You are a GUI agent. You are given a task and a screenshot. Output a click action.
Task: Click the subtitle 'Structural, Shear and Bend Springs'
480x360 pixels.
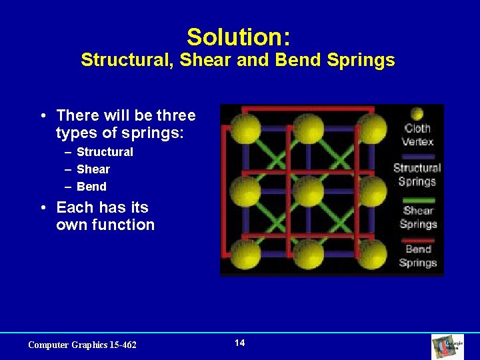tap(237, 61)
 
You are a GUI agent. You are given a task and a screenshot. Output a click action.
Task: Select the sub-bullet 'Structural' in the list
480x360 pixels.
tap(105, 152)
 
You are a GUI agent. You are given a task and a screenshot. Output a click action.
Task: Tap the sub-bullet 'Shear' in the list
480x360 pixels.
tap(93, 169)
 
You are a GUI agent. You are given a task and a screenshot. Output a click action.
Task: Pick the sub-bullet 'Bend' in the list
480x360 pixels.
tap(91, 187)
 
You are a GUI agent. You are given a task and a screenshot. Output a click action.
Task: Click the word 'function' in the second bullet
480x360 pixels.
tap(124, 225)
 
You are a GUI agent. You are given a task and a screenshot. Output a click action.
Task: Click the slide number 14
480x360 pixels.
tap(240, 343)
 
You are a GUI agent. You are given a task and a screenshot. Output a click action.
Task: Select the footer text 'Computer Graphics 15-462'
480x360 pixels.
tap(82, 345)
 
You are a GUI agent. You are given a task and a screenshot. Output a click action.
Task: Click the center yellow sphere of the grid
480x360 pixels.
tap(308, 191)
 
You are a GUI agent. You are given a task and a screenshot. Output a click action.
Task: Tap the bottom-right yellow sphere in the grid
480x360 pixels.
tap(371, 253)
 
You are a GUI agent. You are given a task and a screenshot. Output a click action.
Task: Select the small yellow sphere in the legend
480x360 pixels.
tap(417, 114)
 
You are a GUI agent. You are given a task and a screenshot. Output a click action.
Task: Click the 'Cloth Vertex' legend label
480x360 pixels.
tap(417, 135)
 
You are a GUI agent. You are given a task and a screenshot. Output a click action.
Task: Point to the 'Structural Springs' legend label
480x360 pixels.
tap(417, 175)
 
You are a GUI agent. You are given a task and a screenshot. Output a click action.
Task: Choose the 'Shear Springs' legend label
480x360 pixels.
tap(418, 217)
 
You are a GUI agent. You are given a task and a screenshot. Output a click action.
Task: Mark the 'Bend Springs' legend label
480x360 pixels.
tap(418, 256)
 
